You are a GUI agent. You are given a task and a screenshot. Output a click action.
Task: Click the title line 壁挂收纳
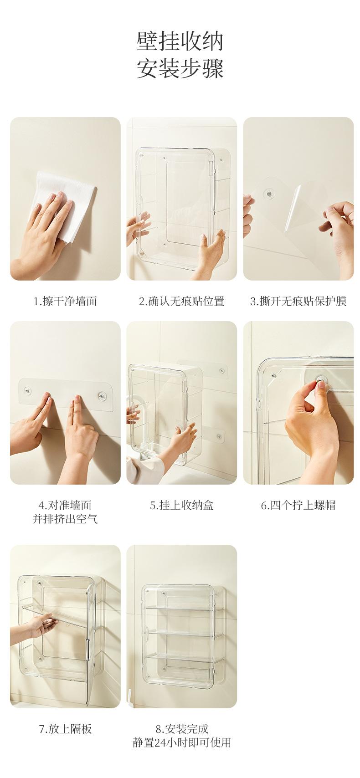[180, 42]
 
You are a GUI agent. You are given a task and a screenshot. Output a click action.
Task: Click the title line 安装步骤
[180, 68]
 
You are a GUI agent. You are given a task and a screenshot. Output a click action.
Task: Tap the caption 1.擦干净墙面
[65, 301]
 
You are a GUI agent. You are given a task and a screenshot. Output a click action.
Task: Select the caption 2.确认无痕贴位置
[181, 301]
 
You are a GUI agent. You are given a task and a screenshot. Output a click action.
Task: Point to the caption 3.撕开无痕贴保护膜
[298, 301]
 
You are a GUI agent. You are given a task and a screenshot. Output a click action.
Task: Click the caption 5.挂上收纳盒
[181, 505]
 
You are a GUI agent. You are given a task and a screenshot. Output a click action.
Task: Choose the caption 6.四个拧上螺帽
[298, 505]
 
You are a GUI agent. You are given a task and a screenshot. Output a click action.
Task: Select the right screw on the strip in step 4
[102, 395]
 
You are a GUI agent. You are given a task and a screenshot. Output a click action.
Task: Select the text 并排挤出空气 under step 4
[65, 519]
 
